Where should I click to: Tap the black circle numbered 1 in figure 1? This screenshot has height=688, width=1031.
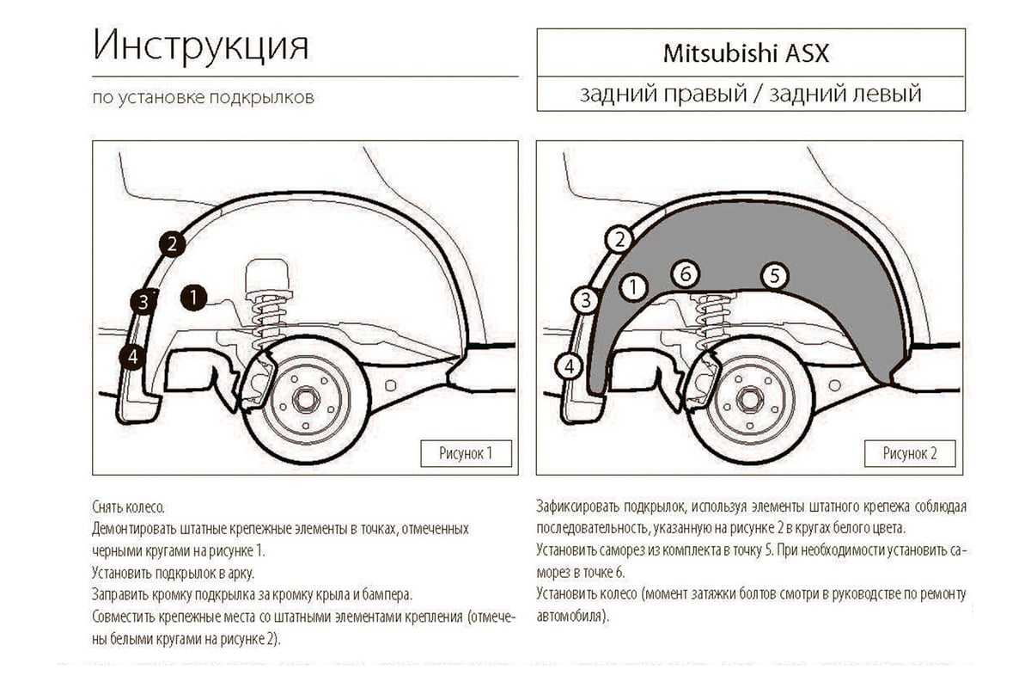coord(194,298)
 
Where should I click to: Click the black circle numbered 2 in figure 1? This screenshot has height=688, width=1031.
coord(172,244)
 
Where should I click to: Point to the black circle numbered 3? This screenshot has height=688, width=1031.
coord(143,301)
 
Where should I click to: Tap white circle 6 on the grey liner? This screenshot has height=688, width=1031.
coord(684,273)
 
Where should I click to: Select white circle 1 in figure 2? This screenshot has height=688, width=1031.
coord(633,286)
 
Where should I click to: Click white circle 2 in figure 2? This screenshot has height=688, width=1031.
coord(619,239)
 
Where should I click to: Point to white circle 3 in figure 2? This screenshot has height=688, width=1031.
coord(585,300)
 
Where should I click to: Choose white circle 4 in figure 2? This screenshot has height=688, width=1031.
coord(569,366)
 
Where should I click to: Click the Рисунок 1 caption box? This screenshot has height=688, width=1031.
coord(466,453)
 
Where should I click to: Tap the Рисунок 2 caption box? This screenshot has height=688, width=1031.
coord(911,453)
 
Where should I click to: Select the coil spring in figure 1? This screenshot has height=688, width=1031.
coord(269,322)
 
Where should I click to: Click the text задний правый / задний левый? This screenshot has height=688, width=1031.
coord(750,94)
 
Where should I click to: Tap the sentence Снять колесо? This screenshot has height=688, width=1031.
coord(127,507)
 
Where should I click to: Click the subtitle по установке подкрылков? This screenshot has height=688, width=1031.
coord(203,97)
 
